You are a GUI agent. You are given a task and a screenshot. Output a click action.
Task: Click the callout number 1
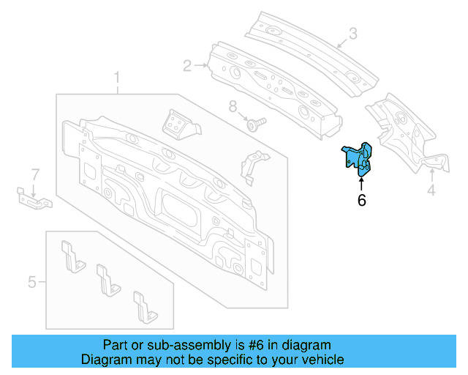(x=116, y=78)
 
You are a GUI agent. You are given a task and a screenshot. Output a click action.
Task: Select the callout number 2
(x=187, y=67)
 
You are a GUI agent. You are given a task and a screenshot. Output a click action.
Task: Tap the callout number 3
(x=352, y=33)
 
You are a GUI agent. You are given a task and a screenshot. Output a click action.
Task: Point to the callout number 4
(x=431, y=191)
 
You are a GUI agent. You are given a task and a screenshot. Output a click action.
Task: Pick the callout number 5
(x=32, y=281)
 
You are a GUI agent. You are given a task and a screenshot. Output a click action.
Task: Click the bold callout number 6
(x=361, y=200)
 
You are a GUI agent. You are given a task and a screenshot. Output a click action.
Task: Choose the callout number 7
(x=34, y=174)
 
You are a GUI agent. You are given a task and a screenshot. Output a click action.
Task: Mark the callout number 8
(x=233, y=107)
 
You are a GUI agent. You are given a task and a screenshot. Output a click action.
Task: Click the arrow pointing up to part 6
(x=361, y=183)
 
